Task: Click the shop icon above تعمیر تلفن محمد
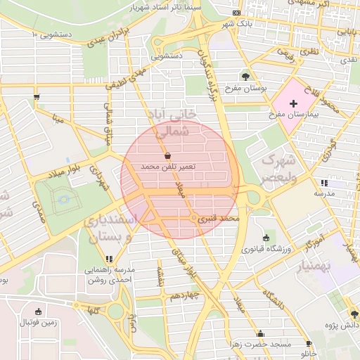point(167,156)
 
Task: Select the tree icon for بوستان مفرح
point(245,77)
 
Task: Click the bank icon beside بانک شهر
point(237,13)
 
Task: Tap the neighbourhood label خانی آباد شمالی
point(172,121)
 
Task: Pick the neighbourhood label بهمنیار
point(322,264)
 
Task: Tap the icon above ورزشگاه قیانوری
point(265,238)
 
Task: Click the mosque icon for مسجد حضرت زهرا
point(262,334)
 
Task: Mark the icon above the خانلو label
point(309,344)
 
